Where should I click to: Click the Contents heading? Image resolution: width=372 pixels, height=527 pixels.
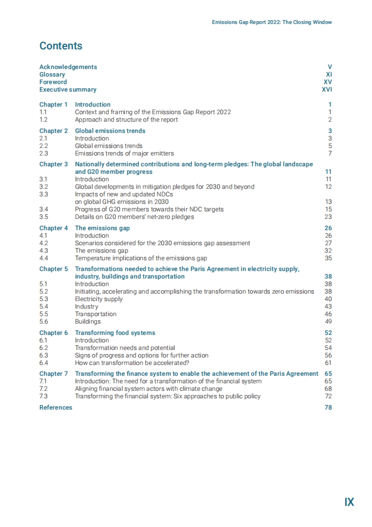[61, 46]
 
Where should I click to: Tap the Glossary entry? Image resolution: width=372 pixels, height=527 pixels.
[52, 74]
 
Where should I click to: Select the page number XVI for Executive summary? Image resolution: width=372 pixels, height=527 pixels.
[327, 89]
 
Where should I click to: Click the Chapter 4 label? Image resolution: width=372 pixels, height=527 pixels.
[53, 228]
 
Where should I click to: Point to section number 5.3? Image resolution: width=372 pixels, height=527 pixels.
[44, 299]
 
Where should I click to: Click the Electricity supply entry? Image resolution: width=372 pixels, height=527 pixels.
[99, 299]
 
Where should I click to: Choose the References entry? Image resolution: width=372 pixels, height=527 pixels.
[56, 408]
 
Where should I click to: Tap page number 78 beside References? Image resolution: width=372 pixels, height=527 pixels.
[328, 408]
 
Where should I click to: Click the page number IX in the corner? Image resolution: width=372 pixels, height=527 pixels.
[349, 502]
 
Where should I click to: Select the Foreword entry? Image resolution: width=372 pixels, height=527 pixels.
[53, 82]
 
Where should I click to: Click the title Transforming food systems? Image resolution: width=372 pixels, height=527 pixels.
[115, 333]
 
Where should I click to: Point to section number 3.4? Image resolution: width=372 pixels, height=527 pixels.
[44, 209]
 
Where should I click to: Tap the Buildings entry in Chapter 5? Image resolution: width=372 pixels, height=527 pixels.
[88, 322]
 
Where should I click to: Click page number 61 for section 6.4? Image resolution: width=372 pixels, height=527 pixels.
[328, 363]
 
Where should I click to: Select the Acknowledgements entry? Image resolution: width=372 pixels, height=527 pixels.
[68, 67]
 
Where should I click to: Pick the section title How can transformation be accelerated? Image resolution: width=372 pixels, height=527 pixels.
[132, 363]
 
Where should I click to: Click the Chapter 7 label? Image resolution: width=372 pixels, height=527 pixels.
[53, 374]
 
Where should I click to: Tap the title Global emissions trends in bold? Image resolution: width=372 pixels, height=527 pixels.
[110, 131]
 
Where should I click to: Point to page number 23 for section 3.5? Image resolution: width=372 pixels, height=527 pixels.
[328, 217]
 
